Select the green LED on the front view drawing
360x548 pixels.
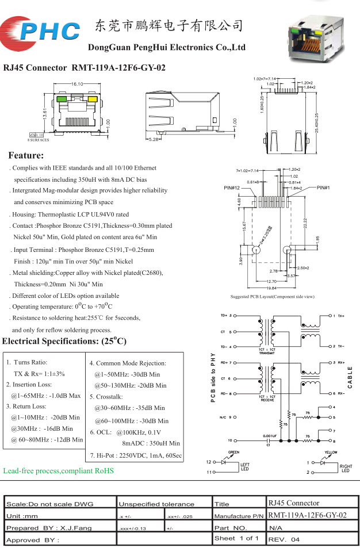[x=60, y=99]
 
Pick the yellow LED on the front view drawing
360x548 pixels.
[x=91, y=99]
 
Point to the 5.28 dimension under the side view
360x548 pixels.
[x=154, y=139]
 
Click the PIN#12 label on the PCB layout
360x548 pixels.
[x=232, y=188]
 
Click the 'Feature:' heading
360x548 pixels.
[x=26, y=156]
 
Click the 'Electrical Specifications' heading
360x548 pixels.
[x=64, y=342]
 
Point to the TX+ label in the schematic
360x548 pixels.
[x=340, y=316]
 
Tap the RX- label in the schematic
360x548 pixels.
[x=340, y=393]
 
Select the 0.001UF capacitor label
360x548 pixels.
[x=270, y=436]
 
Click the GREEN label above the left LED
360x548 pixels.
[x=233, y=453]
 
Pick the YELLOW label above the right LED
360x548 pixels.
[x=331, y=453]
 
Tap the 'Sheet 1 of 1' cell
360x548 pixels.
[x=236, y=538]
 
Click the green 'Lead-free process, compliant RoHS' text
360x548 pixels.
[x=59, y=470]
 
